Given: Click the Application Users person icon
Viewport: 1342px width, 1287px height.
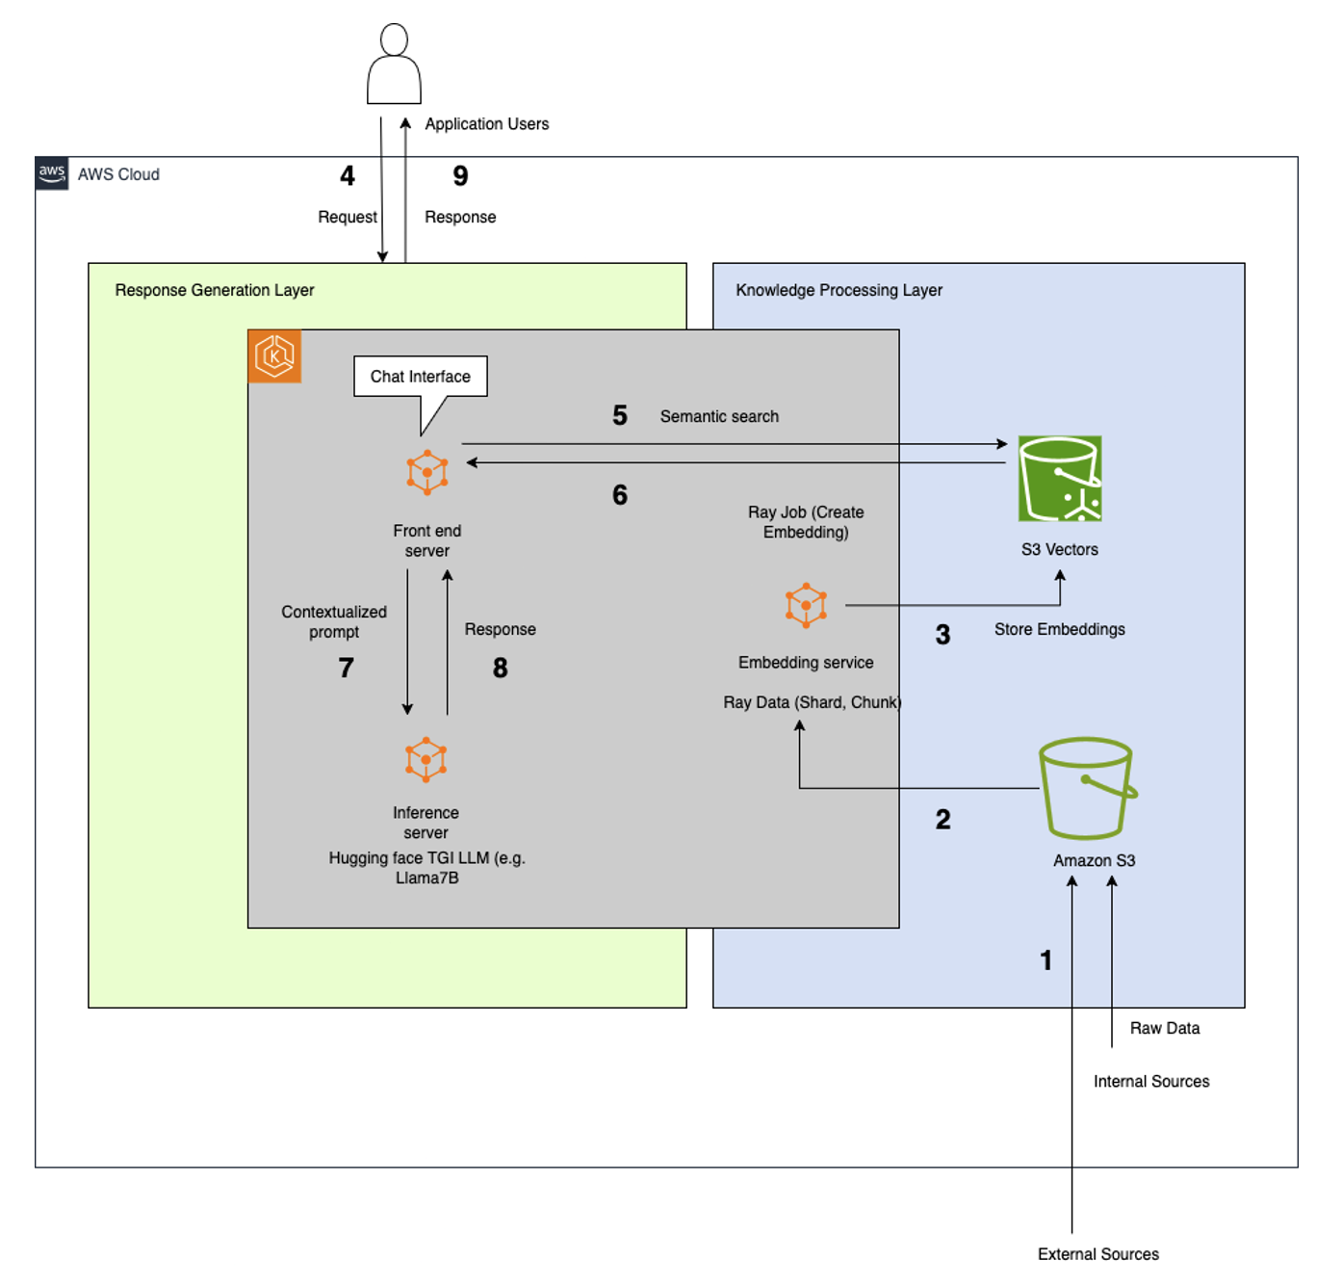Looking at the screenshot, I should pyautogui.click(x=394, y=65).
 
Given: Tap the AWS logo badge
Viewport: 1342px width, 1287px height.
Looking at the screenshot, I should pyautogui.click(x=52, y=173).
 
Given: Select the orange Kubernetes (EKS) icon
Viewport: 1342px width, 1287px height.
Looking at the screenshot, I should pyautogui.click(x=274, y=356).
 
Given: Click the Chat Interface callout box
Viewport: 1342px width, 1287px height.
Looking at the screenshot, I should pyautogui.click(x=421, y=377).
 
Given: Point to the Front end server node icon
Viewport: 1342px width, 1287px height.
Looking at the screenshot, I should pyautogui.click(x=426, y=472).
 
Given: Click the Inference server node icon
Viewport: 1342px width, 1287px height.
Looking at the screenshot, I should pyautogui.click(x=426, y=759).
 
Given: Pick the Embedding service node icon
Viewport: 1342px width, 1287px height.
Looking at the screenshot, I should pyautogui.click(x=806, y=605).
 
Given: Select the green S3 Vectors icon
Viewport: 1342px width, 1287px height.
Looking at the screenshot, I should pyautogui.click(x=1060, y=479).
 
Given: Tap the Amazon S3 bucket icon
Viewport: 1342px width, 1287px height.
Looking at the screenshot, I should pyautogui.click(x=1087, y=789).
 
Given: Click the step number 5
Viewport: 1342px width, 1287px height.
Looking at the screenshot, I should pyautogui.click(x=620, y=415).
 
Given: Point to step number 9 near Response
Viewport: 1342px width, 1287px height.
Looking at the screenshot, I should pyautogui.click(x=460, y=175).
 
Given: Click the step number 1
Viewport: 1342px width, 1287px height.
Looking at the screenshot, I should pyautogui.click(x=1046, y=959).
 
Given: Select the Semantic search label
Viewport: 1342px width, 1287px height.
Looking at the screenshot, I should pyautogui.click(x=719, y=416).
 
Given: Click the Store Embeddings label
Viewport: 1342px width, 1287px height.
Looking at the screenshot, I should pyautogui.click(x=1059, y=629).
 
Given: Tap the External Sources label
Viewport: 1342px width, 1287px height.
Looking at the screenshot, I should pyautogui.click(x=1097, y=1253).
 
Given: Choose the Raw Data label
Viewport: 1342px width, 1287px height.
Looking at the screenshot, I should pyautogui.click(x=1164, y=1028).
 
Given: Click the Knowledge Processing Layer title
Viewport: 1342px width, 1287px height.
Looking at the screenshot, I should pyautogui.click(x=839, y=290).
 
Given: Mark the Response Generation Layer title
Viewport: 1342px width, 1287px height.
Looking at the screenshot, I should pyautogui.click(x=215, y=290).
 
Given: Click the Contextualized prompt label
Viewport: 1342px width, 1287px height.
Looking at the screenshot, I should pyautogui.click(x=334, y=621).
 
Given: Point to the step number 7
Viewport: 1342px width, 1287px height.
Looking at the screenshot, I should pyautogui.click(x=347, y=668).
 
